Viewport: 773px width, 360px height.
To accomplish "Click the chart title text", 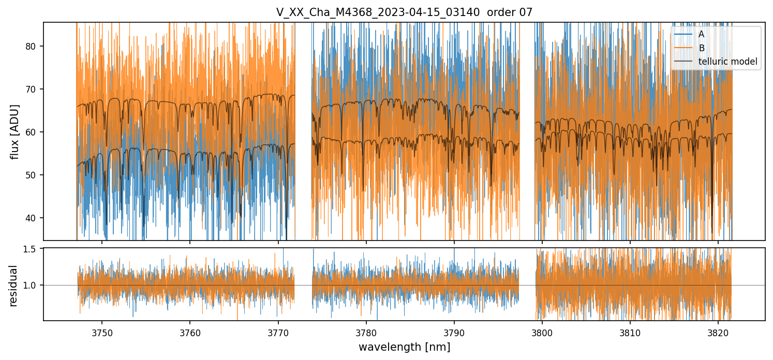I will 404,12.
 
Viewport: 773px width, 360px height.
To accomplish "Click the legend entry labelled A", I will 701,34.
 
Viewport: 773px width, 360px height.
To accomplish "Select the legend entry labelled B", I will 701,48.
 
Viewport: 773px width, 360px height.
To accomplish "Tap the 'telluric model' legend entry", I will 727,62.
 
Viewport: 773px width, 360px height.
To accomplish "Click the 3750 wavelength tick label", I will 102,331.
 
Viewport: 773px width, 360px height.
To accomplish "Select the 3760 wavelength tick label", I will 190,331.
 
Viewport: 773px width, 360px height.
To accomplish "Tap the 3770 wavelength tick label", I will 278,331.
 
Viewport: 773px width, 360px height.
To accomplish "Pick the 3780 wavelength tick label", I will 366,331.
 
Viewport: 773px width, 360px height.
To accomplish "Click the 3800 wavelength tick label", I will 542,331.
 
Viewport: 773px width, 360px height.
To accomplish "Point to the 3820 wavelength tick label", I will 718,331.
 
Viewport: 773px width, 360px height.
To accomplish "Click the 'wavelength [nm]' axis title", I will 404,347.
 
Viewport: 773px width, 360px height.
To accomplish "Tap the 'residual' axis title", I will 13,286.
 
